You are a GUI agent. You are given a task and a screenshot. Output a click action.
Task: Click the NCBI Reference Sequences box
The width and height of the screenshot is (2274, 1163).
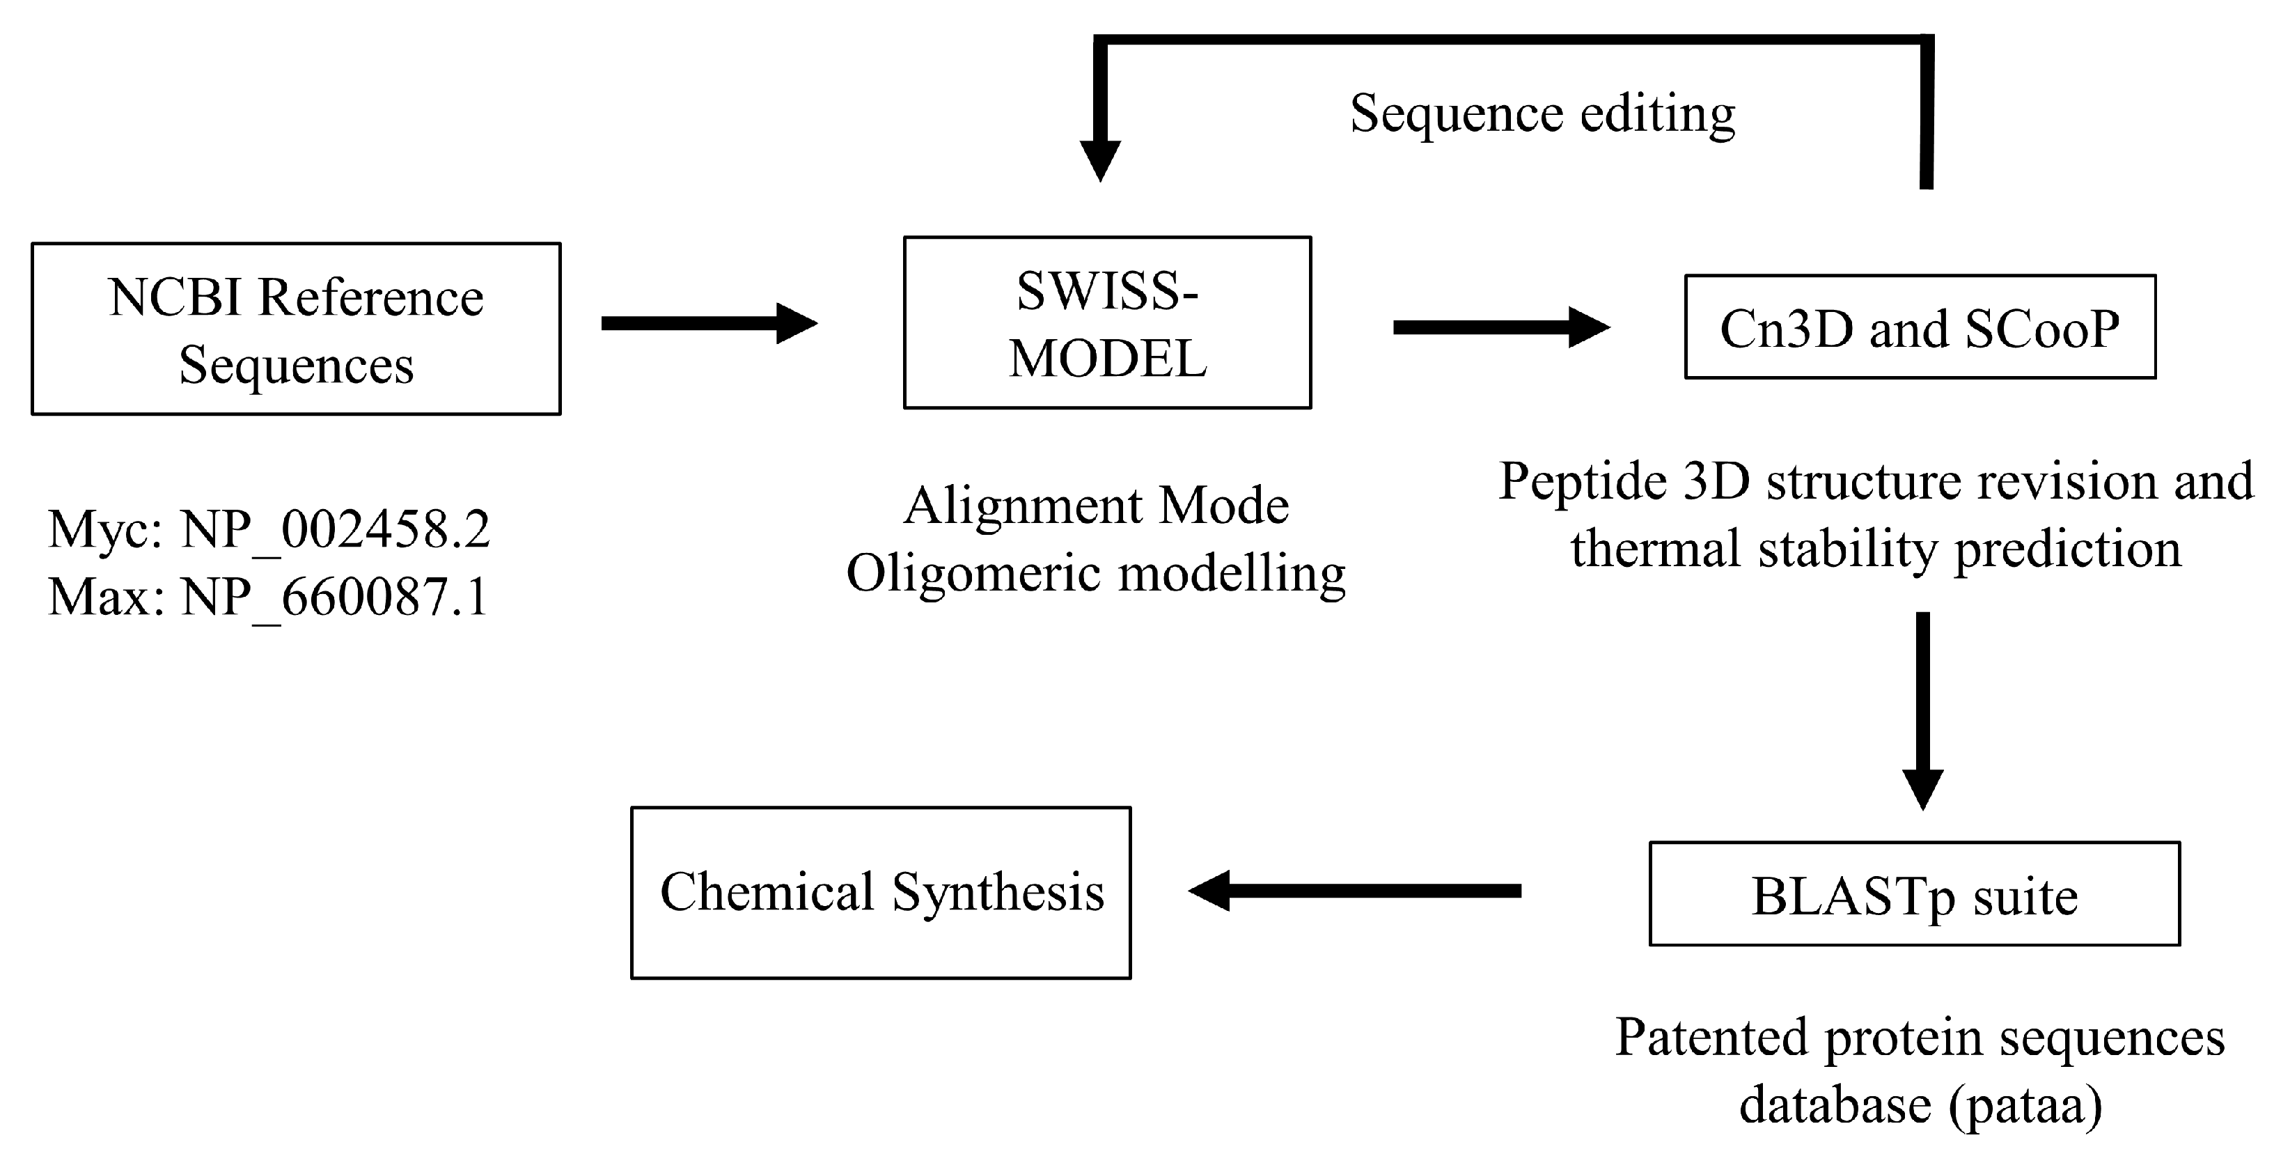pos(296,329)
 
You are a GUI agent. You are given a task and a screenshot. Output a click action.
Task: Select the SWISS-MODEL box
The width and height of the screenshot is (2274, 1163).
pos(1107,322)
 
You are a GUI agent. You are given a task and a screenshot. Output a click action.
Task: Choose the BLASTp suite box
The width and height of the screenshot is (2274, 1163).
pos(1914,893)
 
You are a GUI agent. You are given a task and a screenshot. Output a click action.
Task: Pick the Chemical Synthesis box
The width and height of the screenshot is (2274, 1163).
pos(880,892)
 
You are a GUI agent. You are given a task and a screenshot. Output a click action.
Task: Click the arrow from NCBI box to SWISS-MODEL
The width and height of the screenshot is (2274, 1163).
pos(709,323)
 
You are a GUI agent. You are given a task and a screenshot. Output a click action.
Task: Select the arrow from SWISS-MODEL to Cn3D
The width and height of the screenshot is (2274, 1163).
pos(1500,327)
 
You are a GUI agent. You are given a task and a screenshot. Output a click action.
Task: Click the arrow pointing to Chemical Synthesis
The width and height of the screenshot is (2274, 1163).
pos(1355,890)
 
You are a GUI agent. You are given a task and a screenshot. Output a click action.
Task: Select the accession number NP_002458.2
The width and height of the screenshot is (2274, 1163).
pos(336,531)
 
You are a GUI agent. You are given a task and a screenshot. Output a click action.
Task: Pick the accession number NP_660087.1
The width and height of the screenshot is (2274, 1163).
pos(335,598)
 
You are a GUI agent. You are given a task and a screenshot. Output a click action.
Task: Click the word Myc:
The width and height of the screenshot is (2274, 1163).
pos(105,530)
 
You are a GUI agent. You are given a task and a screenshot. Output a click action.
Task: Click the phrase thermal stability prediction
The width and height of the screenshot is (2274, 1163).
pos(1875,549)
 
